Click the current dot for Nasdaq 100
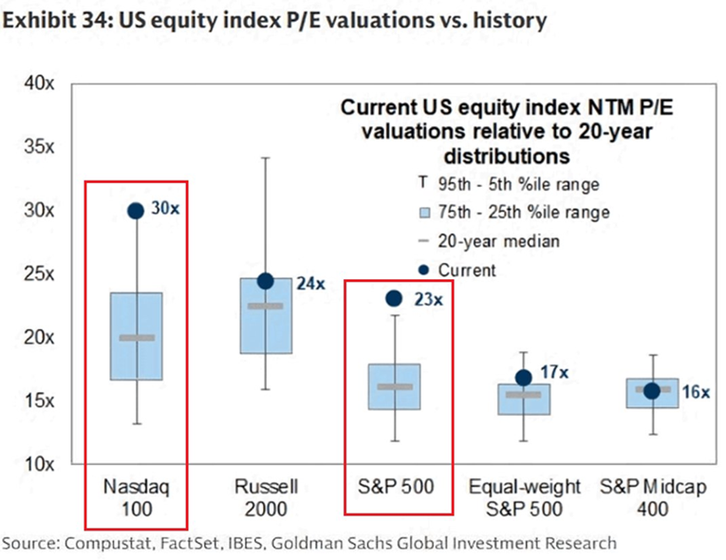coord(135,211)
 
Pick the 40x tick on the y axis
coord(39,84)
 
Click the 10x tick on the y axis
coord(39,463)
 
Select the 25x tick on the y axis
coord(39,273)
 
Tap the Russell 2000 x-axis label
coord(267,499)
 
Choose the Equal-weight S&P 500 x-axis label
coord(524,499)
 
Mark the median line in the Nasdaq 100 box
coord(137,337)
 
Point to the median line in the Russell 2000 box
coord(266,306)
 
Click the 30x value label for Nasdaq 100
coord(165,209)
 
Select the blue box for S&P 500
coord(394,386)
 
